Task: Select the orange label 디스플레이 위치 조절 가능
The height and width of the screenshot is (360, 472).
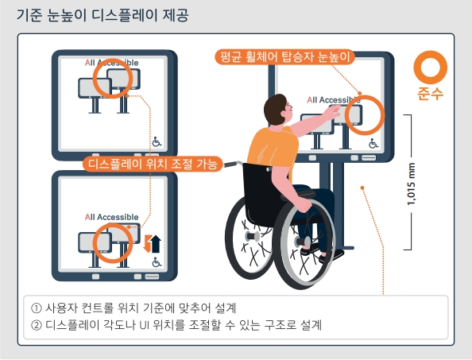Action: coord(151,165)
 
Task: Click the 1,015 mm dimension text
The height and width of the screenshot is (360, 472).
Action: coord(411,182)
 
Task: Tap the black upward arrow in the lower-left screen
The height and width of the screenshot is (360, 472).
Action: coord(156,244)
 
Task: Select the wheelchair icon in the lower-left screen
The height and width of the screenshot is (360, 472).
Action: coord(157,262)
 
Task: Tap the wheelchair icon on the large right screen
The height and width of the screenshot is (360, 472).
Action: coord(373,144)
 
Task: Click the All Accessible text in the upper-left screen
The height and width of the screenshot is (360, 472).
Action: coord(112,62)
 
